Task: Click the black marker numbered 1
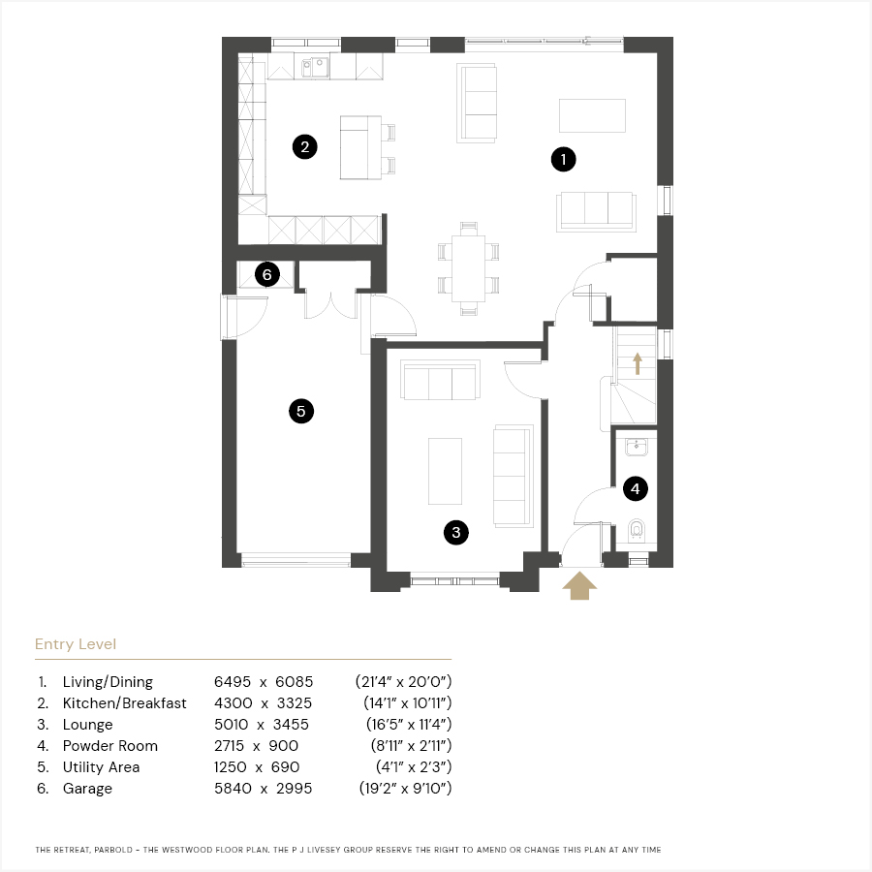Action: [563, 160]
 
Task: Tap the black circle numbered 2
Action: [305, 147]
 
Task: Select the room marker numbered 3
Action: [456, 532]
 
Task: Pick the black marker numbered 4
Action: [635, 489]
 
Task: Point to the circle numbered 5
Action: [301, 411]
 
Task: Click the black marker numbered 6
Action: [267, 274]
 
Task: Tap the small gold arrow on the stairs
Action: [638, 363]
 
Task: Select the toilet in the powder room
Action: [637, 531]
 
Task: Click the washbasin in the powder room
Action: [637, 447]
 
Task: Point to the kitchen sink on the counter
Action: [315, 67]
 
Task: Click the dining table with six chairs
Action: [468, 268]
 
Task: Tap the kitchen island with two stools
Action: [367, 147]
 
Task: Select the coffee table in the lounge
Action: [445, 471]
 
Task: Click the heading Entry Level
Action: [76, 644]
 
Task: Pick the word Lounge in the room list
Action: [87, 724]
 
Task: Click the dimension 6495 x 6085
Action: [264, 681]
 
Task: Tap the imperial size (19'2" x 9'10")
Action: [405, 788]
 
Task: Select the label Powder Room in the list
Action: [110, 745]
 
